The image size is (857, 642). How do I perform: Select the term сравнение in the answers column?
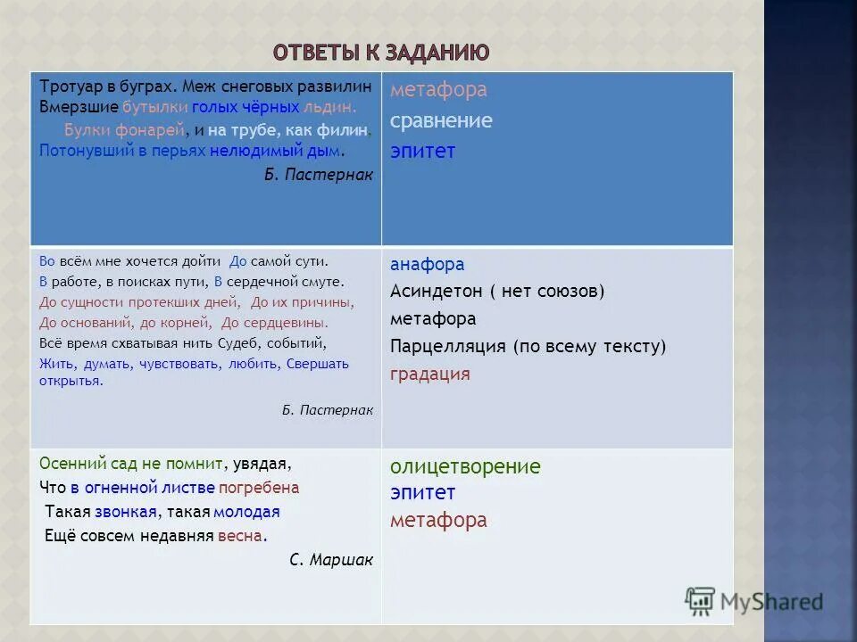tap(441, 121)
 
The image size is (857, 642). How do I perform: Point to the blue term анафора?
tap(427, 265)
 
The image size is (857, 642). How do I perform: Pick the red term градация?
tap(429, 374)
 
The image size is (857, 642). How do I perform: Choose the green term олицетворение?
tap(465, 466)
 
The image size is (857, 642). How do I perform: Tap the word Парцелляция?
tap(446, 346)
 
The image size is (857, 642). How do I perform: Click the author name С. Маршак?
tap(331, 560)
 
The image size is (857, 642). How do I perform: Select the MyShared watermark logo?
tap(754, 601)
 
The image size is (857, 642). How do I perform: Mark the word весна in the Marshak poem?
tap(243, 536)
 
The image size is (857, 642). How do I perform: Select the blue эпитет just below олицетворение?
tap(422, 492)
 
